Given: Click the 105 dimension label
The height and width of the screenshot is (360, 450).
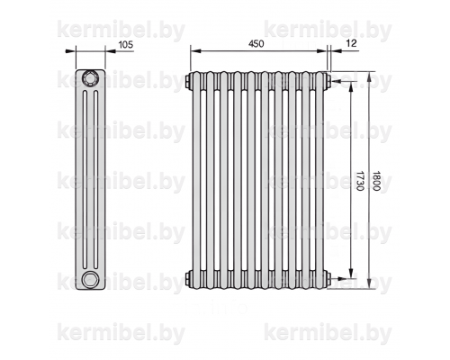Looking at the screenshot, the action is [x=126, y=45].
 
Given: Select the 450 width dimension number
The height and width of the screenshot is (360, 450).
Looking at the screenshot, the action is [x=256, y=44].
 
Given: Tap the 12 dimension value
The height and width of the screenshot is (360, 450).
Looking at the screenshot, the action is [x=351, y=43].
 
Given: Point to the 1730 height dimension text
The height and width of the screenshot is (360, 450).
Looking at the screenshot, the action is [x=360, y=181].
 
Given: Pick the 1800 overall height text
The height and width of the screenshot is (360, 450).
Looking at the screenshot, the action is [x=376, y=181].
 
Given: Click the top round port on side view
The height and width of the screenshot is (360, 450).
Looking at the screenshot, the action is [x=90, y=78].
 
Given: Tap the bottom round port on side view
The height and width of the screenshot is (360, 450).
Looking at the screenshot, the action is [x=90, y=280].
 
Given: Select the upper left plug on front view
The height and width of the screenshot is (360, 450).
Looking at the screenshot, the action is [x=188, y=80].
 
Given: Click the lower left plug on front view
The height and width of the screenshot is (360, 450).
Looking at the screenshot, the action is [x=188, y=279].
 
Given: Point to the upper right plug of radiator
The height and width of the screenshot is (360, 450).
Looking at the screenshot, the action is [x=328, y=80].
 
